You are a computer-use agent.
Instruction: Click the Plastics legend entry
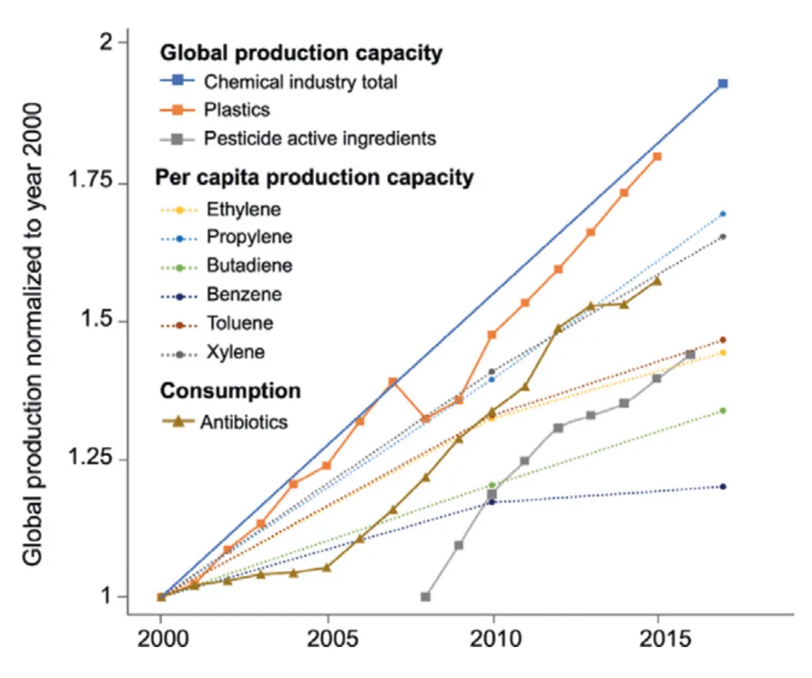pyautogui.click(x=237, y=109)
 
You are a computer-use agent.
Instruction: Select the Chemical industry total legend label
pyautogui.click(x=301, y=81)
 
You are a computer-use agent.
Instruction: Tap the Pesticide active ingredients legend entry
pyautogui.click(x=320, y=138)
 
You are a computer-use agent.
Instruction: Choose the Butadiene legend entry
pyautogui.click(x=249, y=266)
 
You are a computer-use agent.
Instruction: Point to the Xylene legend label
pyautogui.click(x=236, y=352)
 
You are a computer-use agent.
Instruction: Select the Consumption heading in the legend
pyautogui.click(x=230, y=391)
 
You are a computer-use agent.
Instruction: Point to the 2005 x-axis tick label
pyautogui.click(x=328, y=639)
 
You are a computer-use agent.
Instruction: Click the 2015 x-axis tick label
pyautogui.click(x=657, y=639)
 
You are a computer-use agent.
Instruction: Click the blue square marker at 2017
pyautogui.click(x=723, y=83)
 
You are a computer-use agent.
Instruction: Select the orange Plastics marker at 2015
pyautogui.click(x=657, y=156)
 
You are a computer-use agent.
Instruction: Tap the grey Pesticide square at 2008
pyautogui.click(x=426, y=596)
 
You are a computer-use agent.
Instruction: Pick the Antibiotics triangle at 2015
pyautogui.click(x=657, y=281)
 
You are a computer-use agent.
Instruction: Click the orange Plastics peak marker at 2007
pyautogui.click(x=393, y=381)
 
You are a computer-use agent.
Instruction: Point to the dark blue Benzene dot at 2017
pyautogui.click(x=723, y=487)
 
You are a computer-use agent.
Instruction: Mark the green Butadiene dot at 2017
pyautogui.click(x=723, y=411)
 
